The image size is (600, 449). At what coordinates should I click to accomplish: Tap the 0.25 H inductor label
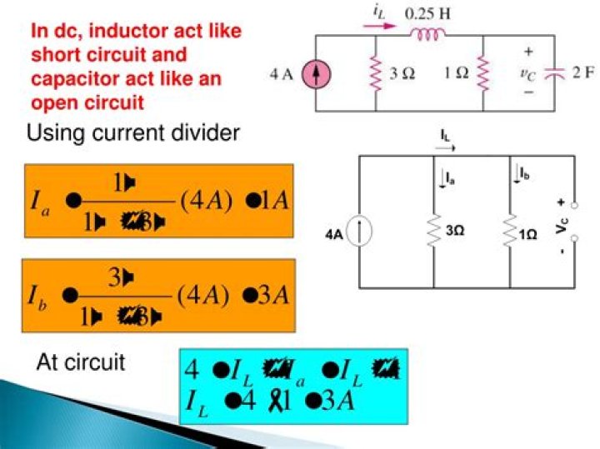[x=424, y=14]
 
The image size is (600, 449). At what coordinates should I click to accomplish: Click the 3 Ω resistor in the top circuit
[x=376, y=73]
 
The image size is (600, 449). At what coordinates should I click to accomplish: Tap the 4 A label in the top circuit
[x=283, y=75]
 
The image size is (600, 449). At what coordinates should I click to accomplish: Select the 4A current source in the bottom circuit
[x=360, y=232]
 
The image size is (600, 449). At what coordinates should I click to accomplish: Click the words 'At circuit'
[x=80, y=363]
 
